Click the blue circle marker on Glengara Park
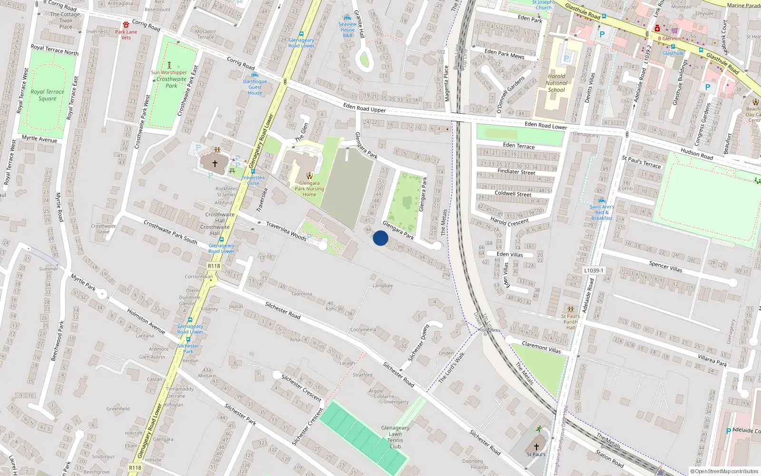[x=380, y=238]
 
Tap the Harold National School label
[x=556, y=83]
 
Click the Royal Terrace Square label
[x=47, y=95]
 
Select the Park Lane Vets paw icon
[x=126, y=25]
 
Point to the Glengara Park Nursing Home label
[x=309, y=188]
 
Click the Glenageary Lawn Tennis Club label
[x=395, y=437]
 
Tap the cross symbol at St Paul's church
[x=536, y=447]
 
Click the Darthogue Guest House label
[x=255, y=87]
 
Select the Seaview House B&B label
[x=348, y=30]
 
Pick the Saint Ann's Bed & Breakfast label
[x=602, y=212]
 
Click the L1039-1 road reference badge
[x=594, y=270]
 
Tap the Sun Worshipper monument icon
[x=169, y=65]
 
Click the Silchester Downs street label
[x=419, y=343]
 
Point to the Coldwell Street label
[x=513, y=193]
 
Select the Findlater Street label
[x=516, y=171]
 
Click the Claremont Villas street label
[x=541, y=347]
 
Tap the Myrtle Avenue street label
[x=39, y=139]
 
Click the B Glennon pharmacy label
[x=670, y=39]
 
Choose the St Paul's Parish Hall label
[x=570, y=322]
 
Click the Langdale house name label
[x=383, y=286]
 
